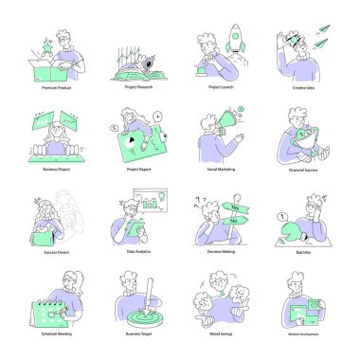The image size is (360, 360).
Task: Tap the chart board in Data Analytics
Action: coord(148,204)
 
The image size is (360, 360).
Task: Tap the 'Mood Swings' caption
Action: coord(220,334)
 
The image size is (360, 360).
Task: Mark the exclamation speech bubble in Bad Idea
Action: coord(281,217)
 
